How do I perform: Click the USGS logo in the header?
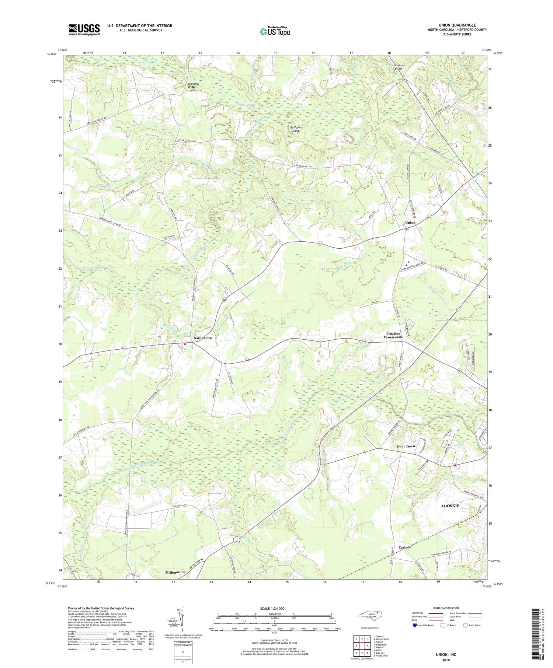[x=84, y=29]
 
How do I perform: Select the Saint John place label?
[x=203, y=338]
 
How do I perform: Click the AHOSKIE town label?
[x=450, y=506]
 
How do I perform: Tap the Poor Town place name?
[x=406, y=446]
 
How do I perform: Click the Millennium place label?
[x=175, y=572]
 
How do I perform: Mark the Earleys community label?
[x=404, y=548]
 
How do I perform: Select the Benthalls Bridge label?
[x=194, y=85]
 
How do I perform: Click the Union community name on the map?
[x=410, y=223]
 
